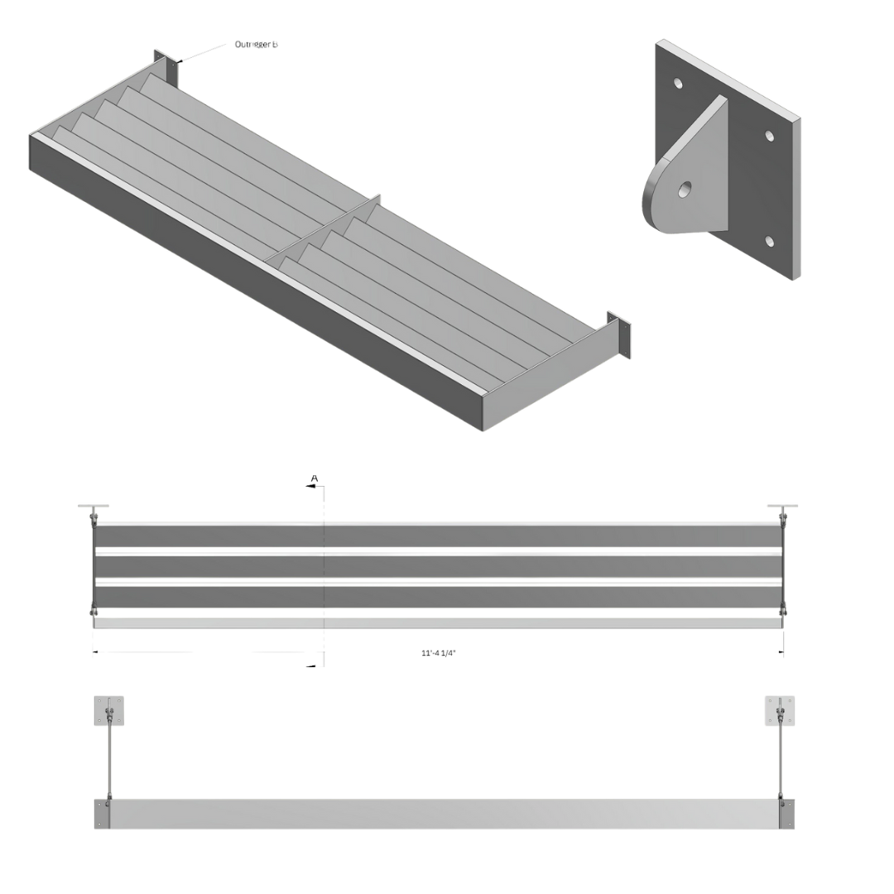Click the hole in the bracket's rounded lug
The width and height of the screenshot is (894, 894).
pyautogui.click(x=685, y=190)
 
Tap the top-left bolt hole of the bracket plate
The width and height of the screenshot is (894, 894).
pyautogui.click(x=678, y=84)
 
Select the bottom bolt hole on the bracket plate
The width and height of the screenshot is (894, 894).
pyautogui.click(x=770, y=241)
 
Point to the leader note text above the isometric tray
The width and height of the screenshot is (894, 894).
pyautogui.click(x=255, y=45)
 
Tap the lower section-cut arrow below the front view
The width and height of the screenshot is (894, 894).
pyautogui.click(x=315, y=662)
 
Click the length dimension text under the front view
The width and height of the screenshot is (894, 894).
pyautogui.click(x=439, y=653)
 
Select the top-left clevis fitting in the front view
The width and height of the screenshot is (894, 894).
pyautogui.click(x=94, y=516)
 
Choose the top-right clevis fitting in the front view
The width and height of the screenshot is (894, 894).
pyautogui.click(x=781, y=515)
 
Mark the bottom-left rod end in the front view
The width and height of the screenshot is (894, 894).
pyautogui.click(x=94, y=613)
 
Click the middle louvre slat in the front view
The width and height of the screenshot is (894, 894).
pyautogui.click(x=439, y=567)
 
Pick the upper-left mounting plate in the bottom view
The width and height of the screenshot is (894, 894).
pyautogui.click(x=109, y=710)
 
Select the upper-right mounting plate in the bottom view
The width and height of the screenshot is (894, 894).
pyautogui.click(x=779, y=710)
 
